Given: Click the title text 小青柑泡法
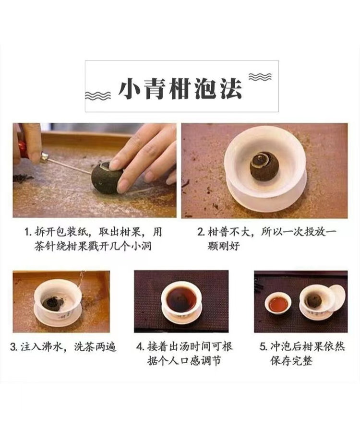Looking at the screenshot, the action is click(x=180, y=88).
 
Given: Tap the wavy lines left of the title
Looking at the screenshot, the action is click(x=98, y=95).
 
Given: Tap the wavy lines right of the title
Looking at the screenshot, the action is click(x=260, y=77).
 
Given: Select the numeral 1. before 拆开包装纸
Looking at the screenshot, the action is click(x=28, y=232).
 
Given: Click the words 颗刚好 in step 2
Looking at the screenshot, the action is click(x=223, y=246).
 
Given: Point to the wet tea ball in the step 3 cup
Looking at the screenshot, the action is click(x=53, y=303).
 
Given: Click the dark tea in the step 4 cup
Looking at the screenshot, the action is click(x=181, y=299).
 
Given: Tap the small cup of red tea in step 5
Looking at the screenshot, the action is click(x=278, y=303).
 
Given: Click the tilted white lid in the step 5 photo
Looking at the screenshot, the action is click(x=336, y=298).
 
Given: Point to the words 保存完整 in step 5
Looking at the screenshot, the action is click(x=291, y=361).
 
